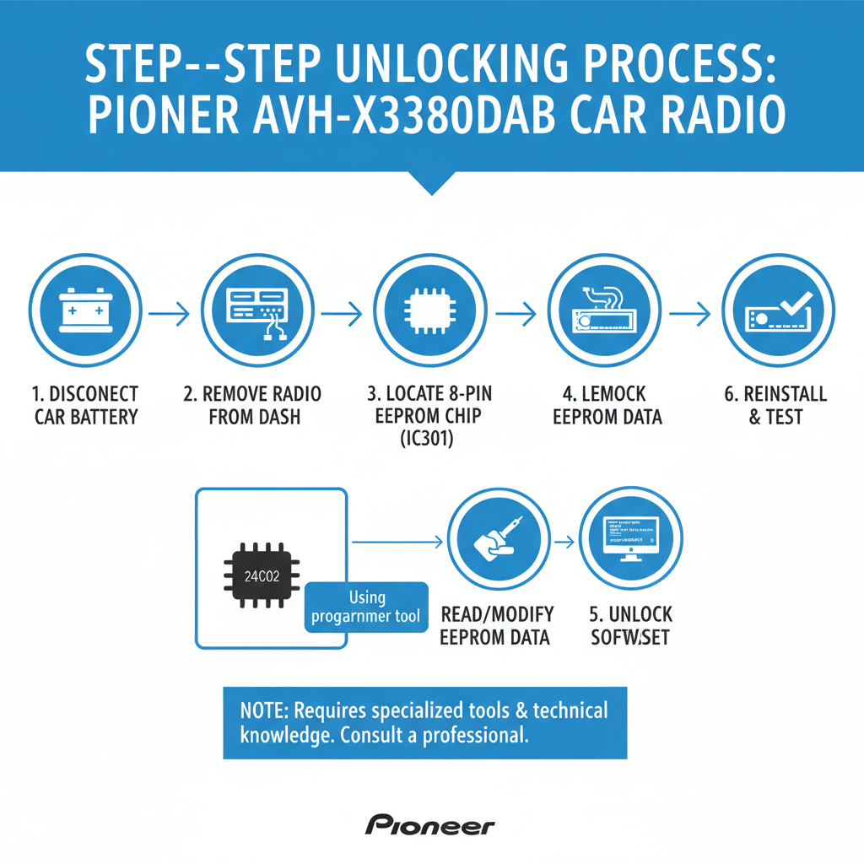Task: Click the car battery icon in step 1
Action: click(85, 310)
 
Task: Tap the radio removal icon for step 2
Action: click(258, 310)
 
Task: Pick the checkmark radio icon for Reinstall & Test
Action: click(778, 310)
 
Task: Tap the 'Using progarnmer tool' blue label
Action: click(365, 607)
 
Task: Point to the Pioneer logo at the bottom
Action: click(430, 825)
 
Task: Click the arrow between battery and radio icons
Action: click(170, 314)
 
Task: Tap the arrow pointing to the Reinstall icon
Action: click(690, 314)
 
